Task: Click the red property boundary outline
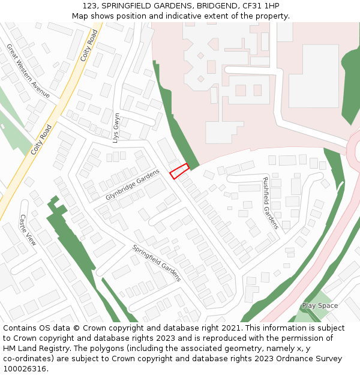(179, 171)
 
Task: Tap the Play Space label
(320, 306)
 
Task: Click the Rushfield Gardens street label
(271, 203)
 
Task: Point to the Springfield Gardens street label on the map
(157, 263)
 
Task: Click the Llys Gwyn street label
(116, 127)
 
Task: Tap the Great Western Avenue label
(29, 71)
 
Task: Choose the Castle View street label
(28, 230)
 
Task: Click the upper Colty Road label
(89, 46)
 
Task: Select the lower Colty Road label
(42, 140)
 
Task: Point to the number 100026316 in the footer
(24, 368)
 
